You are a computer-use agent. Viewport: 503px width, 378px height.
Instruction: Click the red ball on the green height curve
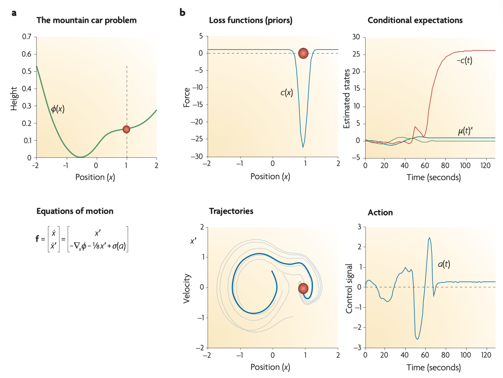[126, 129]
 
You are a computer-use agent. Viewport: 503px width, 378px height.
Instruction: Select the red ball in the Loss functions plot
[303, 53]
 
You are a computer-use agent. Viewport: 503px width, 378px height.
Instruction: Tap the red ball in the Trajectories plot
[303, 289]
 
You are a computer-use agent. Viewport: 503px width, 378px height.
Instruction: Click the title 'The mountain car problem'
[86, 20]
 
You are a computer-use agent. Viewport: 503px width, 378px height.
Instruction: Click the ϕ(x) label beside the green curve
[58, 109]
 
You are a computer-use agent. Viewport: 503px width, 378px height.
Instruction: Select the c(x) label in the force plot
[286, 92]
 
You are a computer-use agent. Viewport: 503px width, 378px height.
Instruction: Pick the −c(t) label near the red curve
[464, 61]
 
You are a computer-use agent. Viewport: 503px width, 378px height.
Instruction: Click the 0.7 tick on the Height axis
[27, 37]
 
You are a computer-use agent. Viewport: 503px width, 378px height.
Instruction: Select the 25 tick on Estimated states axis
[356, 54]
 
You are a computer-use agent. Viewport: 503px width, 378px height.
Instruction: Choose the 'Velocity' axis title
[187, 287]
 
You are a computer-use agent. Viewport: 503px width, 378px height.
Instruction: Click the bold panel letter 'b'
[183, 13]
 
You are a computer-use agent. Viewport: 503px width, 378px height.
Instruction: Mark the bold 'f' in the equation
[38, 239]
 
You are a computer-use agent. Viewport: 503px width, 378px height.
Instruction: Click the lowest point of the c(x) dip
[303, 148]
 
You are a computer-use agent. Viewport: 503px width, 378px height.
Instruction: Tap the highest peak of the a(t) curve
[429, 238]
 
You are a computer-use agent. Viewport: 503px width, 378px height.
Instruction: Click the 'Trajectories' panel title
[231, 211]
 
